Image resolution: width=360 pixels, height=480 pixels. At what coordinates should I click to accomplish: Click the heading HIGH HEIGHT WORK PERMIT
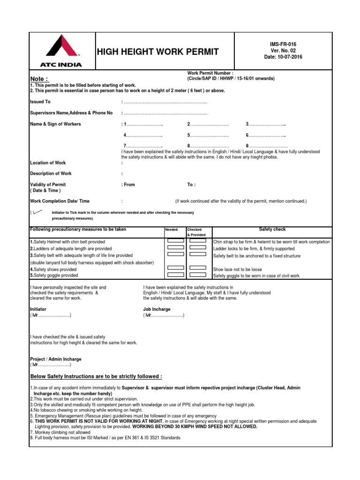157,52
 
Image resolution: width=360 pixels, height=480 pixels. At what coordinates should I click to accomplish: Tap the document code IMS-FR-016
284,44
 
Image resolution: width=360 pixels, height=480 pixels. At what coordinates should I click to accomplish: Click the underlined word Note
39,79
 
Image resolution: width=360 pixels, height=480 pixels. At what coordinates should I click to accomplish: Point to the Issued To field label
40,101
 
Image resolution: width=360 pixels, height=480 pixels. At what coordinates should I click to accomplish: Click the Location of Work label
48,163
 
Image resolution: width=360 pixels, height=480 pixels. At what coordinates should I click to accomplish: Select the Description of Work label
51,173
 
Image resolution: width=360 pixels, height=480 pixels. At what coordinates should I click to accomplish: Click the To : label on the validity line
191,185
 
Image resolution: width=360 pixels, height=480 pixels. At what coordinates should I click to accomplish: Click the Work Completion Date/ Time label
60,201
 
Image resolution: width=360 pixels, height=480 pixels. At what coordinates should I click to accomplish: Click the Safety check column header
272,230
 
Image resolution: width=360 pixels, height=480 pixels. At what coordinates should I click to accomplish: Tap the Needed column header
172,230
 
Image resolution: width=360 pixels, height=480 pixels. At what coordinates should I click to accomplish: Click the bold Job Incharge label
157,309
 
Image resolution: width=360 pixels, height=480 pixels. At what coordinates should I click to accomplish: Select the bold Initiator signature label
38,309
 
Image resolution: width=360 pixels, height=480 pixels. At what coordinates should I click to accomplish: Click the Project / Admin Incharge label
55,359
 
